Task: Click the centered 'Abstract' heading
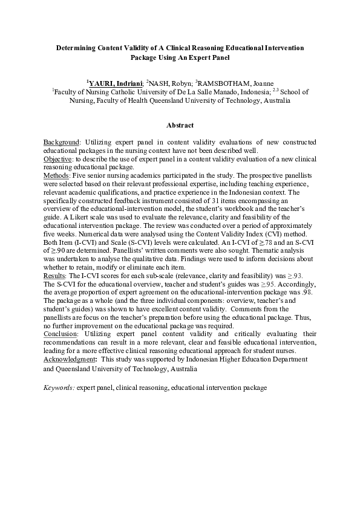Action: pyautogui.click(x=180, y=126)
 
